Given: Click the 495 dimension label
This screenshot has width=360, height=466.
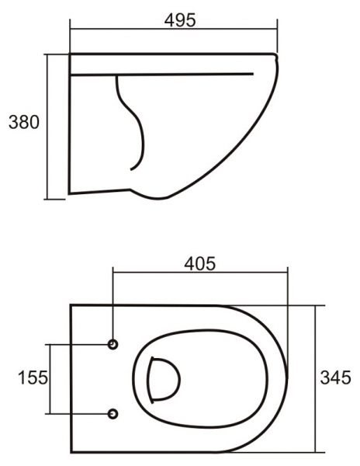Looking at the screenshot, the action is [x=180, y=20].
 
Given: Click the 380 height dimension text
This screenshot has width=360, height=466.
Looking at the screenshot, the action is [x=24, y=122].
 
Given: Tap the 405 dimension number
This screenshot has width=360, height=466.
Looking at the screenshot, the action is [x=199, y=263].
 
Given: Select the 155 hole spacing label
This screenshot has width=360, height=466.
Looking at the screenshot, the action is [x=33, y=377].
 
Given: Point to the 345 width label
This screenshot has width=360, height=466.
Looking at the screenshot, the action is [x=335, y=377].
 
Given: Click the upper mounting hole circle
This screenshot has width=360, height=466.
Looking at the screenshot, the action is [x=113, y=344].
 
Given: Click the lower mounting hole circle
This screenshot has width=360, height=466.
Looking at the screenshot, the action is [x=113, y=414].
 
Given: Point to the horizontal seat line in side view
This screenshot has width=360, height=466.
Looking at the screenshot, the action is [x=161, y=74].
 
